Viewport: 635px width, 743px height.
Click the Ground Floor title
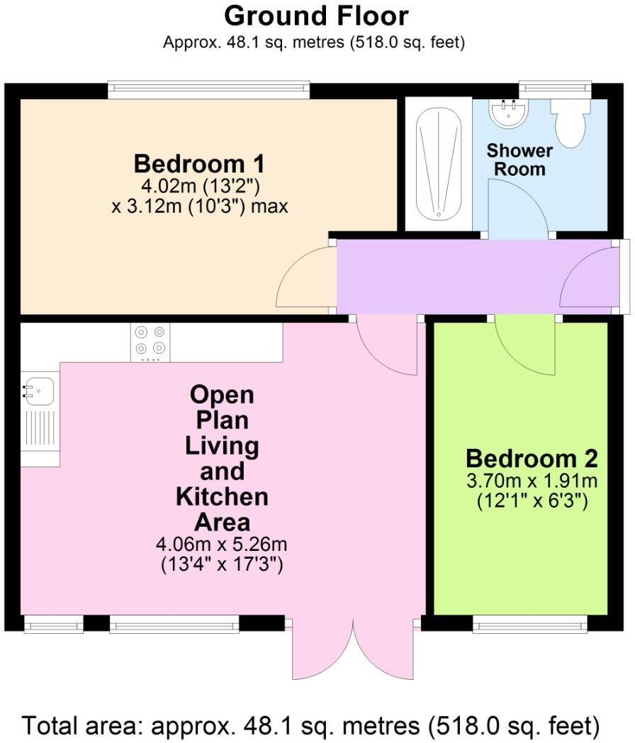[x=317, y=16]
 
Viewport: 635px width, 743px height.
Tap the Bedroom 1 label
[x=199, y=164]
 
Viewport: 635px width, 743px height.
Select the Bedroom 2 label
[x=532, y=457]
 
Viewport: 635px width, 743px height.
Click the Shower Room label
[x=519, y=160]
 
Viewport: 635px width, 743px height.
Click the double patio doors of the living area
[x=352, y=649]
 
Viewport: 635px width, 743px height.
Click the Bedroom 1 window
[x=209, y=90]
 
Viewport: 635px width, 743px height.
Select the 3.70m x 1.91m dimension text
[x=532, y=481]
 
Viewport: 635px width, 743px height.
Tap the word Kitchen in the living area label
[x=222, y=496]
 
